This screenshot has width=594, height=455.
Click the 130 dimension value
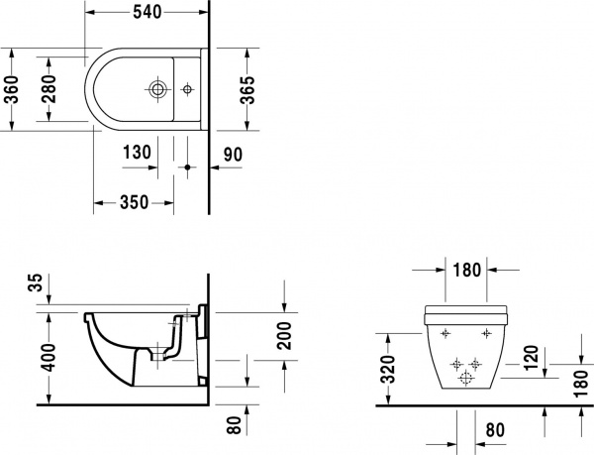[137, 153]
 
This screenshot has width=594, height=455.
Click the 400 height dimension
[35, 354]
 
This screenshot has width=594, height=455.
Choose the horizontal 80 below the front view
[498, 433]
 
